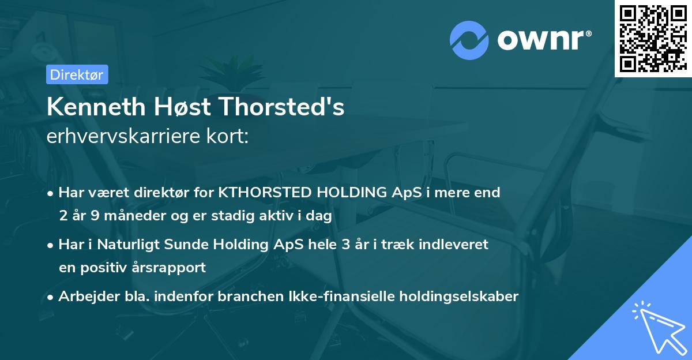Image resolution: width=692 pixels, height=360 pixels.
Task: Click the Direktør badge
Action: [x=76, y=74]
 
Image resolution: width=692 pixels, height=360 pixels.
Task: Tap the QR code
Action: [x=653, y=39]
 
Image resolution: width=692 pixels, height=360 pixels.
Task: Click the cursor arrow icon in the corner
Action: [x=659, y=326]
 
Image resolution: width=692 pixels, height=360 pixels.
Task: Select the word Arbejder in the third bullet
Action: [x=84, y=297]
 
